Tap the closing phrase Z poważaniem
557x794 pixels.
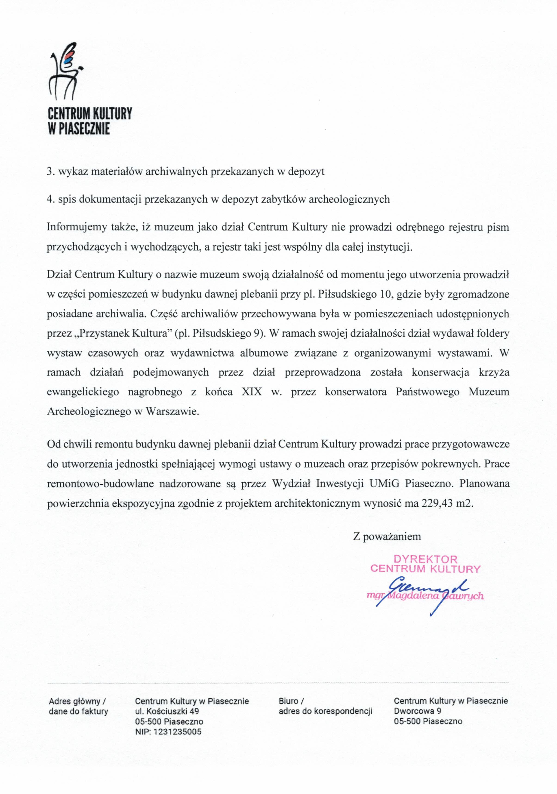[x=387, y=536]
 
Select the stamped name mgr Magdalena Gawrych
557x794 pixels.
[x=425, y=596]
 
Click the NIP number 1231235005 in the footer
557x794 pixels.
[x=177, y=732]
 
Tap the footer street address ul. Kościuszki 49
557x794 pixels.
[x=167, y=711]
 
